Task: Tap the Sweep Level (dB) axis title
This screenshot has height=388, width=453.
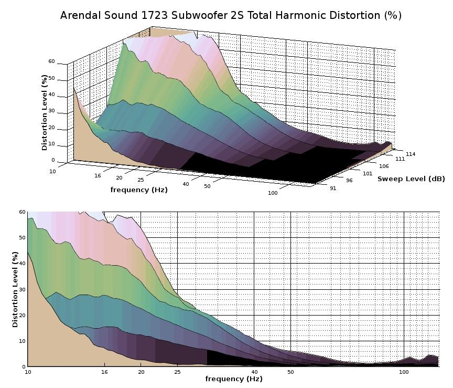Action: coord(411,179)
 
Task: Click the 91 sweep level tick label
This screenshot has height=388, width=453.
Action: coord(333,188)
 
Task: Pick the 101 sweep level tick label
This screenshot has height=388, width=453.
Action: coord(367,173)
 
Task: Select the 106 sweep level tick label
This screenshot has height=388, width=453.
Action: coord(384,166)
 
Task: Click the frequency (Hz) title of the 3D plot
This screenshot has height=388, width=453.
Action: coord(139,190)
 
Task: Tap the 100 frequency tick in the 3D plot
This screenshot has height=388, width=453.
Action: coord(273,193)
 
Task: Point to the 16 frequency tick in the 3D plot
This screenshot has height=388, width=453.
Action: coord(98,175)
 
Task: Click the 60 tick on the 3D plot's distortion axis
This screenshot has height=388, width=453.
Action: coord(51,61)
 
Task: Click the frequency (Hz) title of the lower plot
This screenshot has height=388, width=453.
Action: coord(234,379)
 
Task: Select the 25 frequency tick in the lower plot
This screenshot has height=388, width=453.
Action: coord(177,372)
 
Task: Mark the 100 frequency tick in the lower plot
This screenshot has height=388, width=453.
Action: coord(404,372)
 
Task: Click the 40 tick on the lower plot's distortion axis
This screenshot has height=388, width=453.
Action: coord(21,264)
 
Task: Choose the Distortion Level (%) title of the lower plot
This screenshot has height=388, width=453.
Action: coord(15,289)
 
